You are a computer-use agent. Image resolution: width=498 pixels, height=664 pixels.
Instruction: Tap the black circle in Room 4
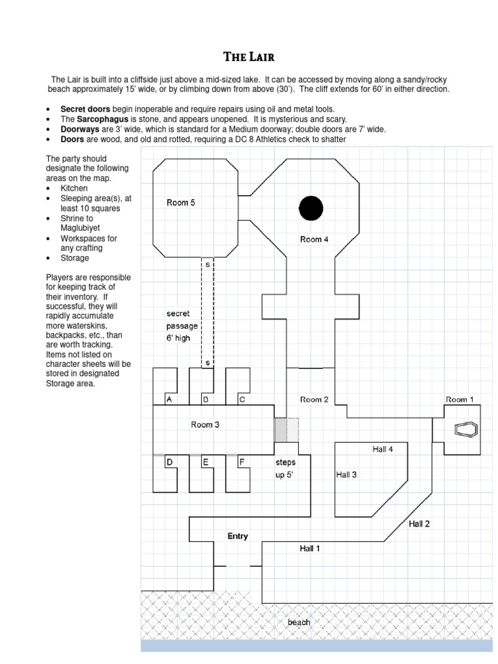point(311,207)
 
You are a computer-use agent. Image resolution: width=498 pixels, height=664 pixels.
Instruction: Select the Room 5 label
point(180,203)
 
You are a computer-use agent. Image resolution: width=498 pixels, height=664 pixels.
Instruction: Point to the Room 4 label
point(314,239)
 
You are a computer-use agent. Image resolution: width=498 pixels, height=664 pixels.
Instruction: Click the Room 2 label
point(314,399)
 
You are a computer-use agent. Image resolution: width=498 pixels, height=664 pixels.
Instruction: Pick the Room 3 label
point(205,425)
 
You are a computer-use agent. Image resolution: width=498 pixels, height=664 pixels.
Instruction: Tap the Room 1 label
point(460,399)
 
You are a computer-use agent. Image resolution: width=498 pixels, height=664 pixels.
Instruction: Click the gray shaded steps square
point(281,430)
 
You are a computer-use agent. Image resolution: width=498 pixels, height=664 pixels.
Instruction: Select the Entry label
point(237,536)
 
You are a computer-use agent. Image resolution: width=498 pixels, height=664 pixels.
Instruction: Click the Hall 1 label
point(309,549)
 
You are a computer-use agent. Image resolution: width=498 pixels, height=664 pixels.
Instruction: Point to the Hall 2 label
point(419,524)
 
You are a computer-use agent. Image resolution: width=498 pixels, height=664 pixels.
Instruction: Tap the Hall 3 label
point(346,475)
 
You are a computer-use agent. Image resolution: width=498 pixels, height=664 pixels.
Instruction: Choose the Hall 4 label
point(383,449)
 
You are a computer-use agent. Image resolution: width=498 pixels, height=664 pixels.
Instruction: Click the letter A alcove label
point(169,400)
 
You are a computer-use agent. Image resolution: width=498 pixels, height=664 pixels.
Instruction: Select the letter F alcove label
point(241,462)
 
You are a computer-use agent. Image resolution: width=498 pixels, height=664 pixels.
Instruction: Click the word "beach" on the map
point(299,622)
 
